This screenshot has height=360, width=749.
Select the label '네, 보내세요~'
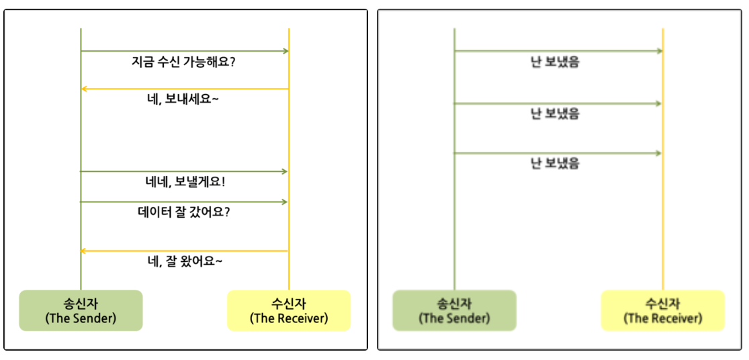185,99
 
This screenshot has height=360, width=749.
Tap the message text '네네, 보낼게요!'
185,181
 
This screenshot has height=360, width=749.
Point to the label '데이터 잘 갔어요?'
185,212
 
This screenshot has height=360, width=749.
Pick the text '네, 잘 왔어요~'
185,261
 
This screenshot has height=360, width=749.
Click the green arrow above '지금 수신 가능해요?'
185,51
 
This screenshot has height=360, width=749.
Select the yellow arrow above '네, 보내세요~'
185,89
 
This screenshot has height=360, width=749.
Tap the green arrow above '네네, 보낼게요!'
185,171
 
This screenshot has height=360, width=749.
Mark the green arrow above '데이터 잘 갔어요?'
185,201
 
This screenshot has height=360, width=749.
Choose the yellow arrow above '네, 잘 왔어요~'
185,251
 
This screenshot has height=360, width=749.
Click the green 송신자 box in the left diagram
81,310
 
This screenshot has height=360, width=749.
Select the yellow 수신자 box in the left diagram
289,310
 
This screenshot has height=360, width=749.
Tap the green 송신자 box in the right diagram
454,310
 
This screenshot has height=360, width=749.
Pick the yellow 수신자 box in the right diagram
662,310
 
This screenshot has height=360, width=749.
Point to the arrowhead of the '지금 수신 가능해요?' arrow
285,51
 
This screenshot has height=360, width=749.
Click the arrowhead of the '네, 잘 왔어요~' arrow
84,251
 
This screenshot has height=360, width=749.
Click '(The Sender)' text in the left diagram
81,318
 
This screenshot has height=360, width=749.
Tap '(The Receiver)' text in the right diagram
662,318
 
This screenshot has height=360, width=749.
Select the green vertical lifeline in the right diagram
454,222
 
